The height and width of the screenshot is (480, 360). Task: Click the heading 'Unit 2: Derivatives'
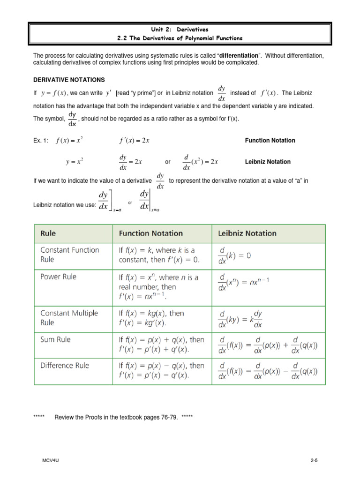click(x=180, y=29)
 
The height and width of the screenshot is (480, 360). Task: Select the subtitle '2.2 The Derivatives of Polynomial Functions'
click(x=180, y=37)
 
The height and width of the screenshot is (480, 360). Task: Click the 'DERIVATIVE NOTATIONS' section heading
click(x=69, y=80)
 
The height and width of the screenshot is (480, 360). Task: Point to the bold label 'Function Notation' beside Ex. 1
click(x=270, y=140)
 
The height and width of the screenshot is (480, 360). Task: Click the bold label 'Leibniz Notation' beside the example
click(x=268, y=162)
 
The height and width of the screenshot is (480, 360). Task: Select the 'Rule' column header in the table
click(x=48, y=233)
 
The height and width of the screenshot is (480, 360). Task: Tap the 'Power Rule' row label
click(x=58, y=277)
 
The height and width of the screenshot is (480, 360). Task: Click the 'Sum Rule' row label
click(x=56, y=340)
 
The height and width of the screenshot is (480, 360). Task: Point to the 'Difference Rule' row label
click(x=64, y=365)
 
